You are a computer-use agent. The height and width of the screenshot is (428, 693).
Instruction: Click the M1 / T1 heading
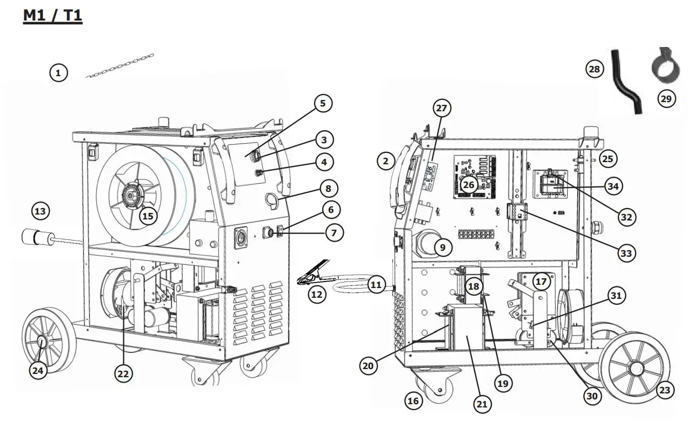tap(52, 16)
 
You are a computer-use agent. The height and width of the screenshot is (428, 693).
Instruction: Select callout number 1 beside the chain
tap(59, 72)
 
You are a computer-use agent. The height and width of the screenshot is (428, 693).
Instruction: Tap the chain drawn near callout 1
tap(120, 66)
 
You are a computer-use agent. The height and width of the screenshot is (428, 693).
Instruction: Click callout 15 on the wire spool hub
tap(148, 216)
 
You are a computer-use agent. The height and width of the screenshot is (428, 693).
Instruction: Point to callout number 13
tap(41, 211)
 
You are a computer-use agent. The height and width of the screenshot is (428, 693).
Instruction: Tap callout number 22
tap(124, 373)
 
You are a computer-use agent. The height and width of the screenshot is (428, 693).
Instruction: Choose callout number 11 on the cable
tap(377, 284)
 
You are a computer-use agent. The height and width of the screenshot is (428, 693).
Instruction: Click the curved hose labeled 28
tap(626, 82)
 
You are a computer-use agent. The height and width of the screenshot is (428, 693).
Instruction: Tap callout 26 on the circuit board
tap(468, 185)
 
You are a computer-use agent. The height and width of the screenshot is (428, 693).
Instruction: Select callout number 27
tap(442, 108)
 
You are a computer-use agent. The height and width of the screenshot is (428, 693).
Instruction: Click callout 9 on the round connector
tap(442, 248)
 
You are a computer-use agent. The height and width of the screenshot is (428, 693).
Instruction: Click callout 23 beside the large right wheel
tap(665, 390)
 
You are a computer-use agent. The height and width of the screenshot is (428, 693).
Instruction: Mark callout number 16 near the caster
tap(414, 400)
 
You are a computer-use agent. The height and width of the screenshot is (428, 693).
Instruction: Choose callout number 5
tap(323, 103)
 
